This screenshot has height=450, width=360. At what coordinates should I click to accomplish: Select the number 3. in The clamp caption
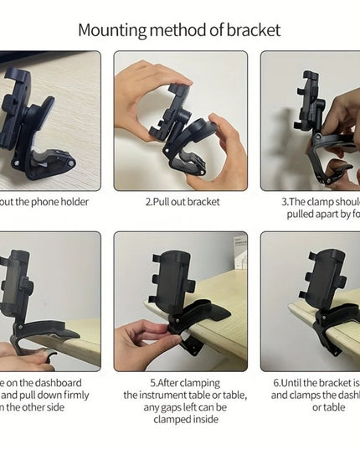[x=285, y=202]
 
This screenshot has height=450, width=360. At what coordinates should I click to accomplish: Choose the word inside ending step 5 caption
[x=203, y=419]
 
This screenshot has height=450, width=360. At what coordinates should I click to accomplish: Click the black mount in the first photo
[x=29, y=117]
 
